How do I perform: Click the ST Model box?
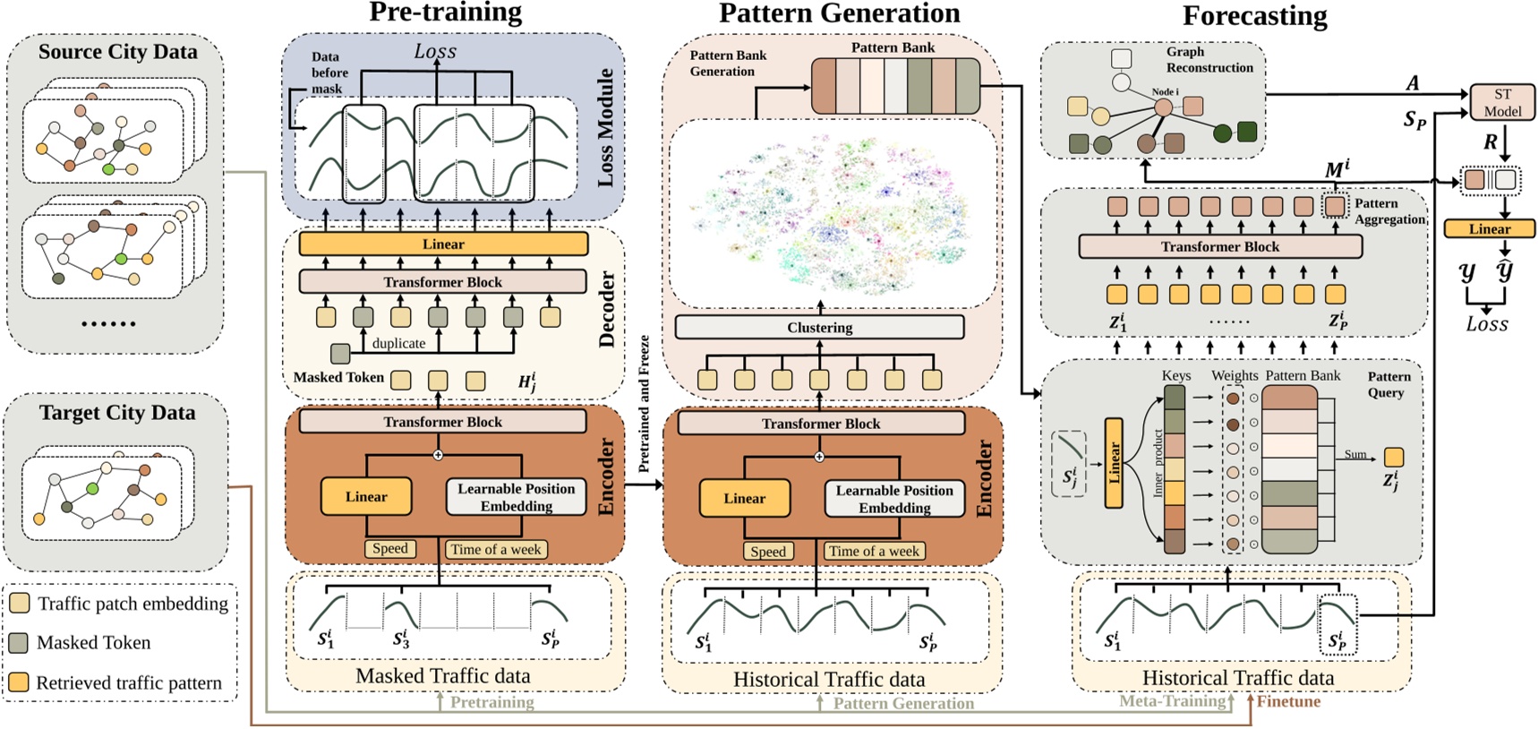point(1501,102)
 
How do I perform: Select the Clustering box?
point(819,328)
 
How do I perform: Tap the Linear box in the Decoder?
point(443,244)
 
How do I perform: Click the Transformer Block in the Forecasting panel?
point(1219,246)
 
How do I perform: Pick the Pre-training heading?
point(445,13)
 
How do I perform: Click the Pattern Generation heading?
point(839,13)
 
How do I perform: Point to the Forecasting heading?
point(1254,16)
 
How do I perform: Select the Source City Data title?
point(117,52)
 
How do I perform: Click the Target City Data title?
point(116,413)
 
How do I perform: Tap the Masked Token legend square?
point(19,642)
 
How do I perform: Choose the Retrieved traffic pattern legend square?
point(19,682)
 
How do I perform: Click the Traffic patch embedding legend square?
point(19,604)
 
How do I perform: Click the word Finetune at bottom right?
point(1288,701)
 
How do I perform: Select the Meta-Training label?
point(1172,701)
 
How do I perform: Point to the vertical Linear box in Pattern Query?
point(1114,463)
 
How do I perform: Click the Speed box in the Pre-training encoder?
point(390,549)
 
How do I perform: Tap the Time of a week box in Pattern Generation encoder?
point(874,552)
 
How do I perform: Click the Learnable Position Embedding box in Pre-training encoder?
point(516,497)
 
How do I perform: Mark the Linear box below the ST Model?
point(1489,229)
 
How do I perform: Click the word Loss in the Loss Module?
point(435,52)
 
